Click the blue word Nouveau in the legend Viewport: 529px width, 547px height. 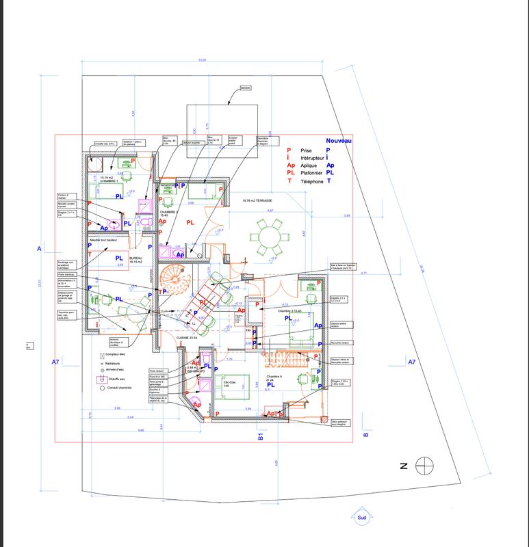click(338, 139)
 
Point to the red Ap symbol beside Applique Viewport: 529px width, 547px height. click(291, 165)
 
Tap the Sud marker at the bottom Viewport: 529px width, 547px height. click(361, 518)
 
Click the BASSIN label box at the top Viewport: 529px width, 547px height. click(246, 88)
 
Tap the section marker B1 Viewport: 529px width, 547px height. click(260, 437)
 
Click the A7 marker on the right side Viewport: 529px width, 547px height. click(411, 361)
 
